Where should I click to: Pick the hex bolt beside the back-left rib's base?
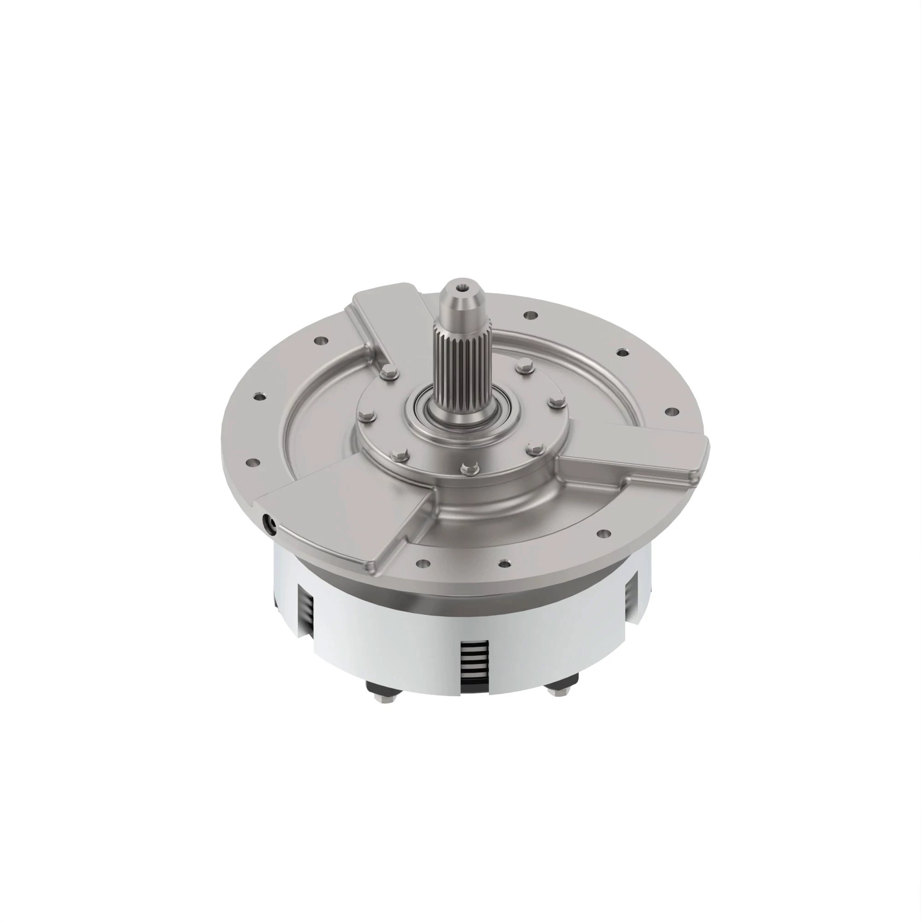pos(390,374)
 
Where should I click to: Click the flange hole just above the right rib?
pos(671,410)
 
